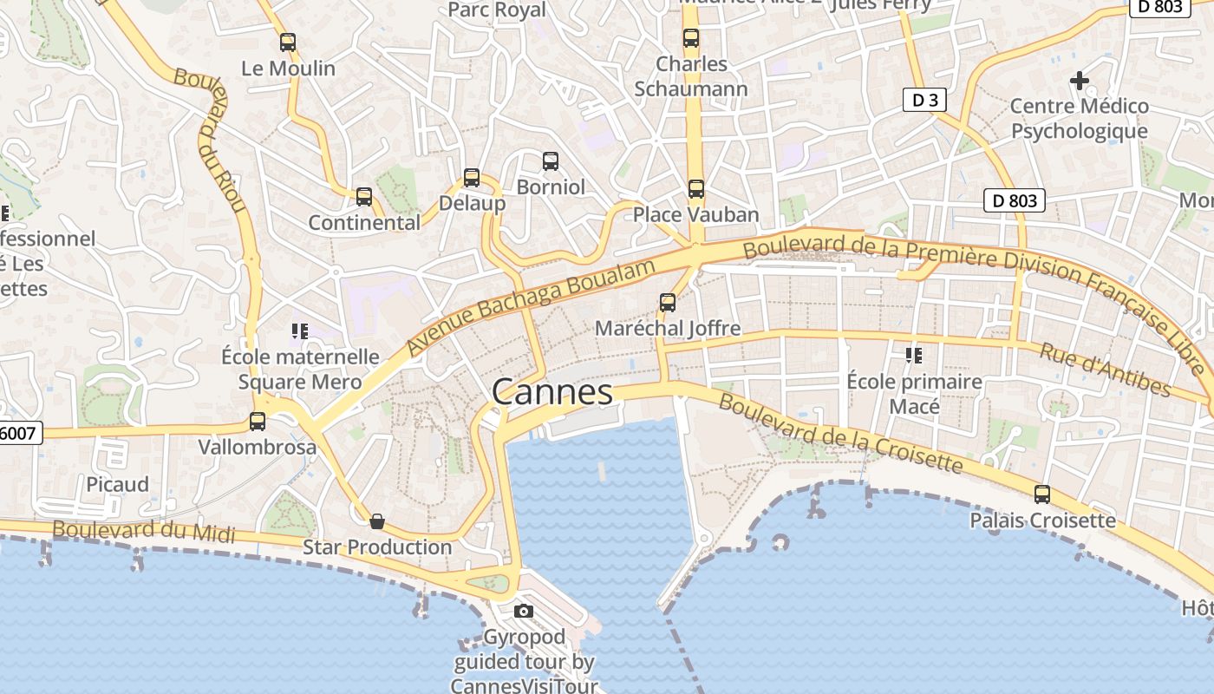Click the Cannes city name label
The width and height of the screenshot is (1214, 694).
click(552, 392)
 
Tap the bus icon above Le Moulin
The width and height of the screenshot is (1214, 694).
click(288, 42)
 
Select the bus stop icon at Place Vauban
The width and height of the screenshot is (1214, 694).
click(696, 188)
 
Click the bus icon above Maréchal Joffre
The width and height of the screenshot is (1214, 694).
click(668, 302)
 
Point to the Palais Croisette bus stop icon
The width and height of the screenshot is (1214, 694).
click(1042, 494)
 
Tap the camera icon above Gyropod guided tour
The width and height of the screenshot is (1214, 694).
click(523, 611)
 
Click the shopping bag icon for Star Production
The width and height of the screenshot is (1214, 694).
click(377, 521)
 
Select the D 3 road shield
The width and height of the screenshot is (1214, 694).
click(924, 100)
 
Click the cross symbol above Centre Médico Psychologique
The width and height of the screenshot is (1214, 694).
click(1080, 81)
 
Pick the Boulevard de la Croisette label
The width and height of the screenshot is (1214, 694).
click(840, 435)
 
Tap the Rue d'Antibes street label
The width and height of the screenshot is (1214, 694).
click(1106, 370)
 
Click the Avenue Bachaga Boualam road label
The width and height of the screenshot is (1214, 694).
click(530, 307)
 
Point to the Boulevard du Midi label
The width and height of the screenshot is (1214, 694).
click(143, 530)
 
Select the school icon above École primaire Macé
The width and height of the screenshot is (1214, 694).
click(914, 355)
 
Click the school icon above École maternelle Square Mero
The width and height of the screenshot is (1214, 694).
click(300, 331)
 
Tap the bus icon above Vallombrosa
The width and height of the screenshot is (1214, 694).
click(258, 422)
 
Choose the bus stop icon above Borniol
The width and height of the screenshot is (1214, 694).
click(551, 160)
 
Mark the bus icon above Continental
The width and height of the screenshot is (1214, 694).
click(364, 197)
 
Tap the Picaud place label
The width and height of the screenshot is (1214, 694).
click(117, 484)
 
